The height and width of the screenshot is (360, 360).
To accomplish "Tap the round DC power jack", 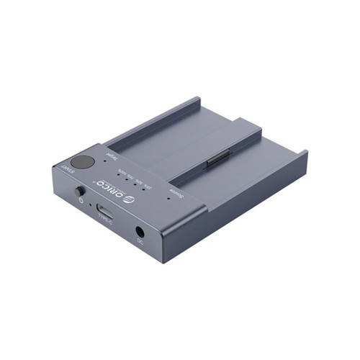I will [139, 232].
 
